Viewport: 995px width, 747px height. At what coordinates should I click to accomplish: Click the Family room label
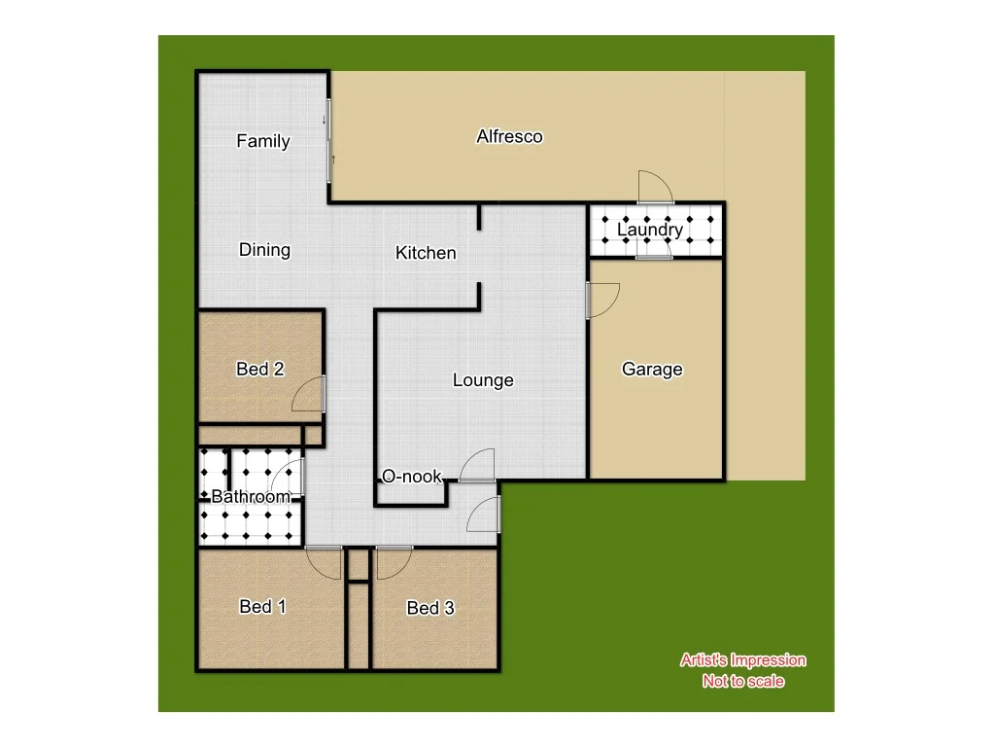coord(263,141)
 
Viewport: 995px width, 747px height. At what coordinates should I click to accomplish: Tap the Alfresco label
coord(509,136)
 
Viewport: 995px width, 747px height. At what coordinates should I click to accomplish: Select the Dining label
coord(264,250)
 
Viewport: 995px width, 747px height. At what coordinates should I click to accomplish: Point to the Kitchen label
coord(426,253)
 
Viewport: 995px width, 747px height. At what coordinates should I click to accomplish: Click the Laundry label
coord(650,230)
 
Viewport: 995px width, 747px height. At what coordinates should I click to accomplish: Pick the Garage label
coord(652,369)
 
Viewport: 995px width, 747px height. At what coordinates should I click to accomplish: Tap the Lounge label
coord(483,380)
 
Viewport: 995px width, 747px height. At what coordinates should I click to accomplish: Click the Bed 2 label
coord(260,369)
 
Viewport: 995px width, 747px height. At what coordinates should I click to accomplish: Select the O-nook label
coord(412,477)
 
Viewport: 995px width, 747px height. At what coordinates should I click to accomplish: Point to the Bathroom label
coord(251,497)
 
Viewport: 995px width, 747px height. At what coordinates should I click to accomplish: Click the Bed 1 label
coord(262,607)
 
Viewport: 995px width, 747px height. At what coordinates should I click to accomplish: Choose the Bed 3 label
coord(430,608)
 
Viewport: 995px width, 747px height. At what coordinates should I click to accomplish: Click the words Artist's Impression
coord(743,660)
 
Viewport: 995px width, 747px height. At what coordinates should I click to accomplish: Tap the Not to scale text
coord(743,681)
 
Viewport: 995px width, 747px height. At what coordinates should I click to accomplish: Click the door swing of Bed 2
coord(309,393)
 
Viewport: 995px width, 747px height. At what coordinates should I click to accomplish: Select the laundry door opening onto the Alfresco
coord(653,186)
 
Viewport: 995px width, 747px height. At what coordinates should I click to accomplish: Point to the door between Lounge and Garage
coord(602,300)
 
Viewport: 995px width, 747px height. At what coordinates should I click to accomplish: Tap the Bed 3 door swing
coord(395,561)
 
